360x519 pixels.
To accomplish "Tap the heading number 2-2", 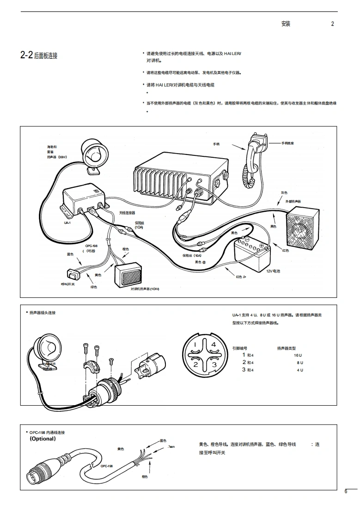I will [26, 56].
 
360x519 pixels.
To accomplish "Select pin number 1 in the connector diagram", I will [195, 345].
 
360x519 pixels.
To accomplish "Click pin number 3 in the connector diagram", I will [214, 365].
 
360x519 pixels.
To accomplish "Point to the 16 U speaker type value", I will [297, 355].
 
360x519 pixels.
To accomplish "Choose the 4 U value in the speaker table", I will [300, 370].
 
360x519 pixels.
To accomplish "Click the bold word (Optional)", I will [43, 439].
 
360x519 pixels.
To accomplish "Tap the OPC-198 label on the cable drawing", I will [107, 466].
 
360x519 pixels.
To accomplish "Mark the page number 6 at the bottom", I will [345, 492].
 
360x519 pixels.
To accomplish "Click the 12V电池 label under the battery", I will [273, 271].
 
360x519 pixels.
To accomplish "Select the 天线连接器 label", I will [127, 213].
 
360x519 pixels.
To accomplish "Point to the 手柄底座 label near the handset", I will [287, 143].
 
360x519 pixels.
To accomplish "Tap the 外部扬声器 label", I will [293, 201].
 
